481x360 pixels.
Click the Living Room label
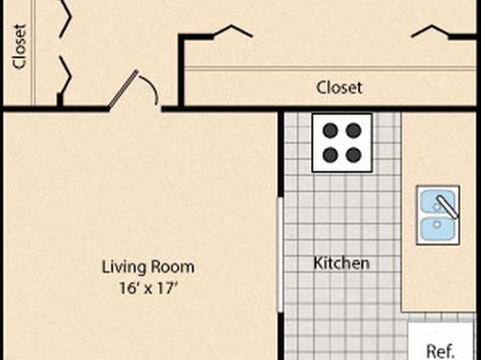(x=148, y=266)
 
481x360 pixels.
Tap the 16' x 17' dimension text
(x=148, y=288)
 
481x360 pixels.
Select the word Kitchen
(x=341, y=263)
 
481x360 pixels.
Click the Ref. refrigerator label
(x=441, y=350)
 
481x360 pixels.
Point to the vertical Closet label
(x=19, y=46)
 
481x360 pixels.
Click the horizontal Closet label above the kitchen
(x=339, y=87)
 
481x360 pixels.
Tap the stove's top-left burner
(x=330, y=131)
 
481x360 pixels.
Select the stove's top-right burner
(x=353, y=131)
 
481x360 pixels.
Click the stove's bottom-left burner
(x=330, y=155)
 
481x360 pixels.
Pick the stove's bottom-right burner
(x=353, y=155)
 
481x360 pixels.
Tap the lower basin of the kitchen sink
(x=437, y=228)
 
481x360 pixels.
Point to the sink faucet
(x=447, y=207)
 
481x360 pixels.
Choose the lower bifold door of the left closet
(x=66, y=74)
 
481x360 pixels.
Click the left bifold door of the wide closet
(x=233, y=30)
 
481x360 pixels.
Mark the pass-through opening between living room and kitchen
(x=280, y=255)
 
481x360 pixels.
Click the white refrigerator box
(x=441, y=341)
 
